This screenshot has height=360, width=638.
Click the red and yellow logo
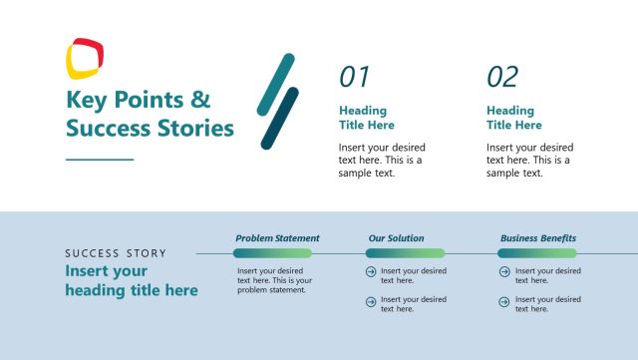point(85,57)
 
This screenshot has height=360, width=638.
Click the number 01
point(354,77)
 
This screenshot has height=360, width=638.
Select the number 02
point(502,77)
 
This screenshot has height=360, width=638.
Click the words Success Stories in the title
point(150,129)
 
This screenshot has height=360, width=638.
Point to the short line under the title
point(99,159)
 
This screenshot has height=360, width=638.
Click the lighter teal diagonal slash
point(276,85)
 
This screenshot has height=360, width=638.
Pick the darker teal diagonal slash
point(280,118)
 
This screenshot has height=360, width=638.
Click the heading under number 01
point(366,118)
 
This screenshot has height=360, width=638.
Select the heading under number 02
point(513,118)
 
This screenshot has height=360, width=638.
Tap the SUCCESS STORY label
point(116,253)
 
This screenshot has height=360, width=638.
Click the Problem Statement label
point(277,238)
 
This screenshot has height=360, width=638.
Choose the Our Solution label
point(396,238)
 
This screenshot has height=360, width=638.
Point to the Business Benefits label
point(537,238)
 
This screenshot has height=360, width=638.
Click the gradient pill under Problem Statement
point(272,253)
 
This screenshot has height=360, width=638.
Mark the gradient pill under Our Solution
point(405,253)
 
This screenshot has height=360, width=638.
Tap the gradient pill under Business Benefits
point(537,253)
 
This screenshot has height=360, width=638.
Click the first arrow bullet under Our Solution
point(371,271)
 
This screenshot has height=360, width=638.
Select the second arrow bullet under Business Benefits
point(503,300)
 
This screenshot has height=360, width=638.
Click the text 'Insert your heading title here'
point(131,280)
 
